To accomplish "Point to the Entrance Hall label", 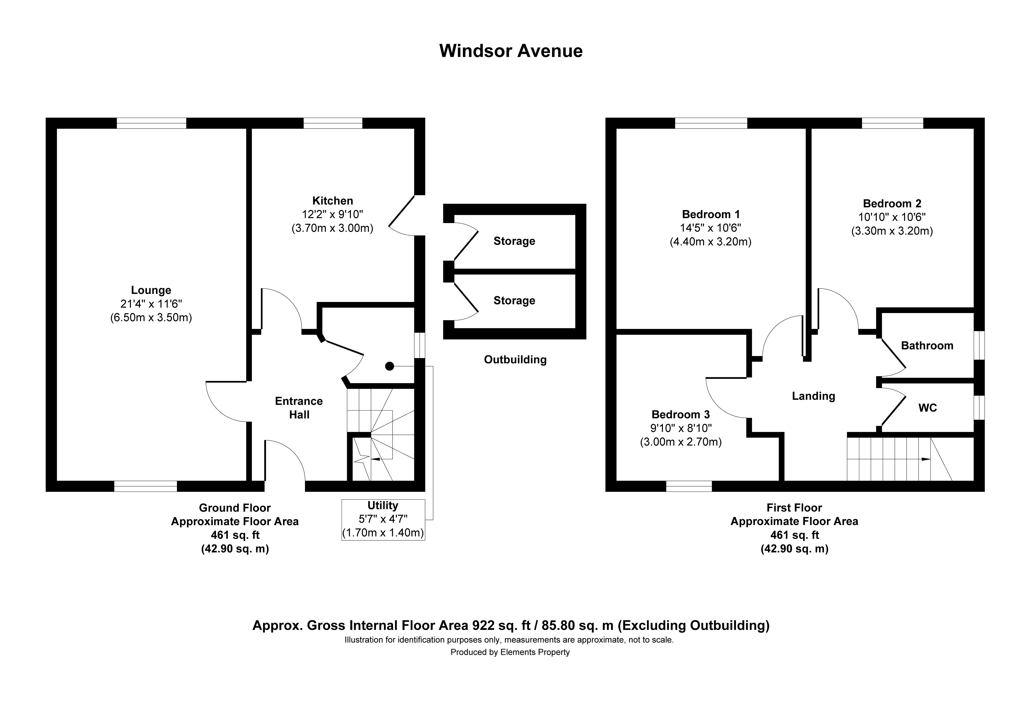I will click(x=299, y=408).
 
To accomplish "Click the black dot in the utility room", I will click(x=389, y=366).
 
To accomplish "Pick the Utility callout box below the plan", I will click(x=383, y=519).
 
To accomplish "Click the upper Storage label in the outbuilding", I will click(x=514, y=241).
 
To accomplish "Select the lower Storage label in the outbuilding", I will click(x=514, y=301).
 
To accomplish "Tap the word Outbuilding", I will click(x=515, y=360).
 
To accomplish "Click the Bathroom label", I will click(x=927, y=346).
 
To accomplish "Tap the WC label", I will click(x=928, y=408).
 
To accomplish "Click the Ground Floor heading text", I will click(x=235, y=508).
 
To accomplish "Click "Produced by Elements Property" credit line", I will click(x=510, y=652).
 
